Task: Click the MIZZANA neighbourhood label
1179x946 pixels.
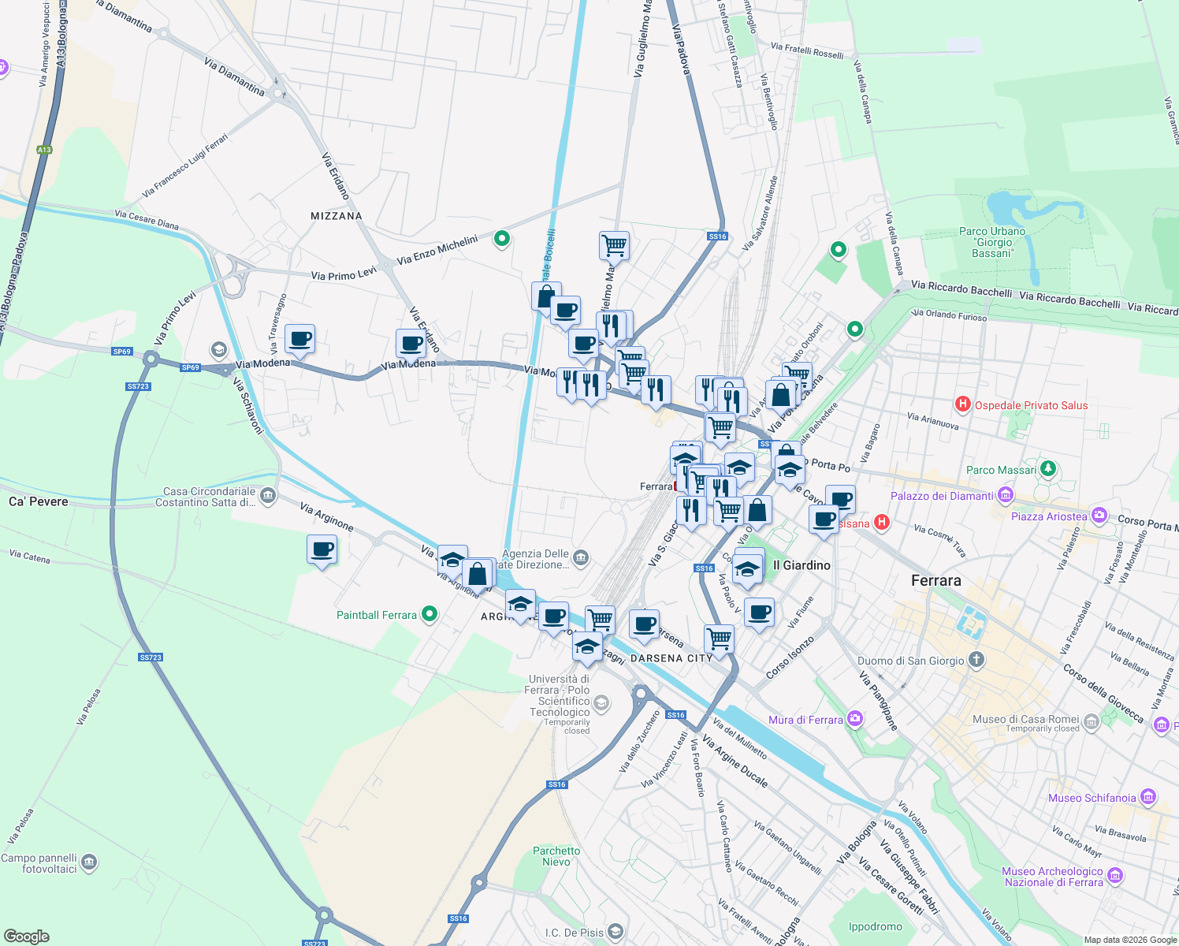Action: click(336, 216)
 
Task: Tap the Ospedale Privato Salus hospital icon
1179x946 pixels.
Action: click(962, 404)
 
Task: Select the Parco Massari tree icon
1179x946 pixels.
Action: click(1047, 469)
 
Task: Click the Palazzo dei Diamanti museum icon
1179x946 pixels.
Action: click(1005, 495)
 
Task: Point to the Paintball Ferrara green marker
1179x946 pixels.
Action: click(430, 614)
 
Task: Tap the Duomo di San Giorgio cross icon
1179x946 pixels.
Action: click(976, 660)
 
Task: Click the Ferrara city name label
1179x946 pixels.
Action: click(935, 580)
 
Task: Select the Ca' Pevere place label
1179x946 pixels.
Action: click(38, 501)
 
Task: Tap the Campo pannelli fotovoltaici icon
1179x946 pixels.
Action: click(89, 862)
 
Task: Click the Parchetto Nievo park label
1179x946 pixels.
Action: click(556, 856)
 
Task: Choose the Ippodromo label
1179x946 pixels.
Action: click(875, 926)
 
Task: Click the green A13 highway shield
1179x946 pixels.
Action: click(44, 150)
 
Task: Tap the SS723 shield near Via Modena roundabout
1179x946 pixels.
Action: click(138, 386)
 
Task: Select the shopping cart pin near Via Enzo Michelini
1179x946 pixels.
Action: click(614, 245)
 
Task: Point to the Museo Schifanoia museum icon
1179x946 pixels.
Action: click(1147, 797)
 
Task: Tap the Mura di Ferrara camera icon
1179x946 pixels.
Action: click(855, 719)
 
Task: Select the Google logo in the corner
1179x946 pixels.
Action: click(26, 937)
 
